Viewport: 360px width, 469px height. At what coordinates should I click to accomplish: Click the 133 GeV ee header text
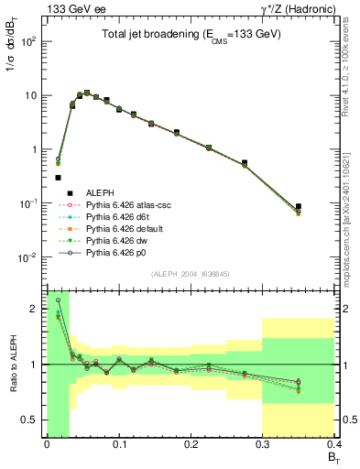point(71,8)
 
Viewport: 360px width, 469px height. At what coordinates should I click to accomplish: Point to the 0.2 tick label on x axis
point(191,446)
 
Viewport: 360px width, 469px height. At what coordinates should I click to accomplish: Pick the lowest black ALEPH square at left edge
point(58,178)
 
